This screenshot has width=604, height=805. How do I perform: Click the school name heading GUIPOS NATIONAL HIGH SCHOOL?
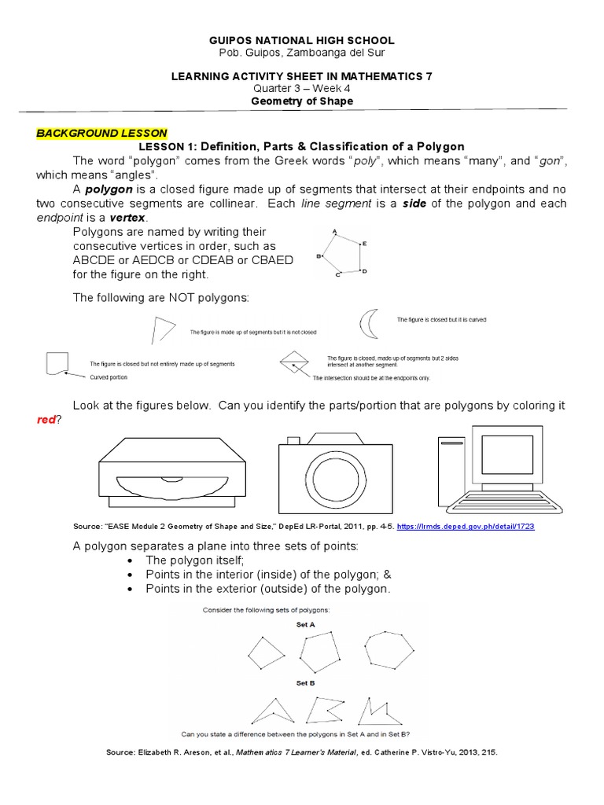[302, 39]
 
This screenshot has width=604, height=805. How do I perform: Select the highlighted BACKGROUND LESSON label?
[101, 133]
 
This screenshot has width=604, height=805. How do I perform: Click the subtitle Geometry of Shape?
[302, 101]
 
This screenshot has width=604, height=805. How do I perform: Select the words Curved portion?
[109, 378]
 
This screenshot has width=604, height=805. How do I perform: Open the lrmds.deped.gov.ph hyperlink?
[487, 526]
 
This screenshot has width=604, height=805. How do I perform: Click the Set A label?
[305, 623]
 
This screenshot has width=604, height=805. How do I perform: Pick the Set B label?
[305, 684]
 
